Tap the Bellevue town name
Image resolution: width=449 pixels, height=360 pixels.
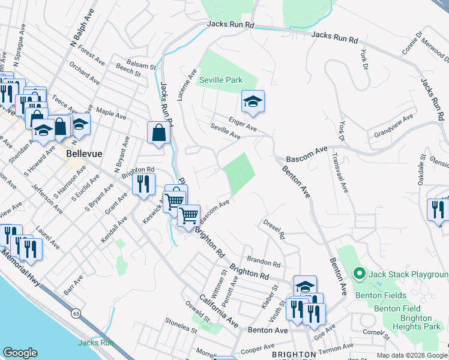tap(84, 154)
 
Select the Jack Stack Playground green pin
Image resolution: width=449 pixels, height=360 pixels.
tap(359, 274)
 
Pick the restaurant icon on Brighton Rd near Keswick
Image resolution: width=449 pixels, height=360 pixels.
tap(143, 184)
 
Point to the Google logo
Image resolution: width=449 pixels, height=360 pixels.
tap(20, 353)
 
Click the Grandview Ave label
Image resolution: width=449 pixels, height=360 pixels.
tap(393, 125)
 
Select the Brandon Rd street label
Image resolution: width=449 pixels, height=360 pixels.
tap(264, 263)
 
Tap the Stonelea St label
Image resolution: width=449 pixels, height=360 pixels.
tap(182, 328)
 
